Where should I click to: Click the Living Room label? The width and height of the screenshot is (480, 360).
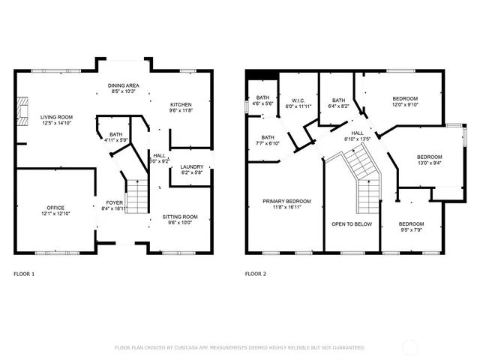pos(56,118)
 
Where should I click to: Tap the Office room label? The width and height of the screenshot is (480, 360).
pos(55,208)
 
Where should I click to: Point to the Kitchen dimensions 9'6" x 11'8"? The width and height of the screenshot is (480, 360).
pos(181,110)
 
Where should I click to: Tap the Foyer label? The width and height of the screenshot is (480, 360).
pos(115,202)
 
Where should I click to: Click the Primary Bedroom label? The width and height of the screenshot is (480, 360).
pos(286,201)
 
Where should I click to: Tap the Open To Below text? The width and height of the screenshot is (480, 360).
pos(352,223)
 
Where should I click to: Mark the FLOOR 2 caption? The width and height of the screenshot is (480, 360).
pos(256,274)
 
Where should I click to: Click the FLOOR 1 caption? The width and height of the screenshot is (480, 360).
pos(24,274)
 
